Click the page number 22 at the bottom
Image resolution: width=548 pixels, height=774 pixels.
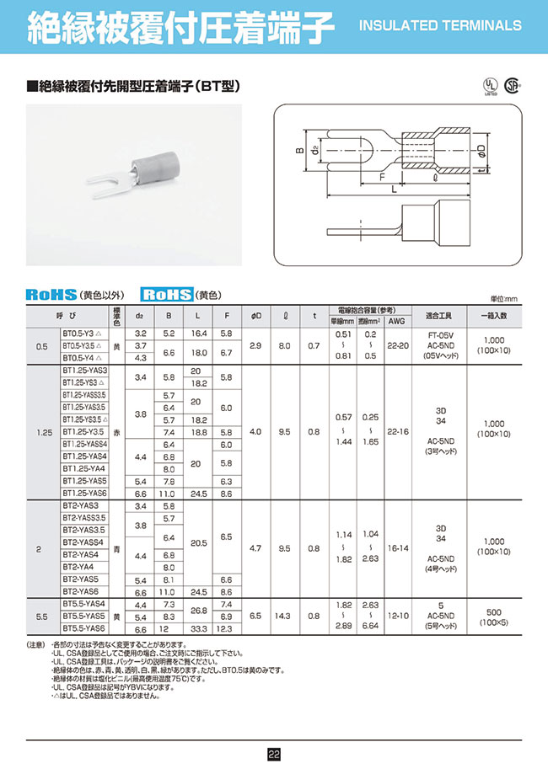(274, 755)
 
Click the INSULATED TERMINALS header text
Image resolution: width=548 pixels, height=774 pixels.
(440, 25)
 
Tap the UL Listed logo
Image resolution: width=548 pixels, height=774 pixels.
(489, 88)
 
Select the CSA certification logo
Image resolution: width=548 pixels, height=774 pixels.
(511, 87)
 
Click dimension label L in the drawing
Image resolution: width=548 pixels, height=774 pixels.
(394, 192)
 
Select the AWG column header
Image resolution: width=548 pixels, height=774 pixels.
(396, 320)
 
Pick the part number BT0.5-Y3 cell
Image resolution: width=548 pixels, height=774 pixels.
(81, 334)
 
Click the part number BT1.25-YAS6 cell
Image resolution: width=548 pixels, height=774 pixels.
(84, 493)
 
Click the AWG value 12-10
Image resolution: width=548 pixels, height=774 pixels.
(396, 617)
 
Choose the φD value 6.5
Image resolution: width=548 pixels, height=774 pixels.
(256, 617)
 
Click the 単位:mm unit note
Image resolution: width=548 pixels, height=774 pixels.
(504, 299)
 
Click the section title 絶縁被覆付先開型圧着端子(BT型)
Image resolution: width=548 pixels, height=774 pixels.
(135, 86)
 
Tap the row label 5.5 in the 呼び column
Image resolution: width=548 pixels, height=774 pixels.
(42, 617)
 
